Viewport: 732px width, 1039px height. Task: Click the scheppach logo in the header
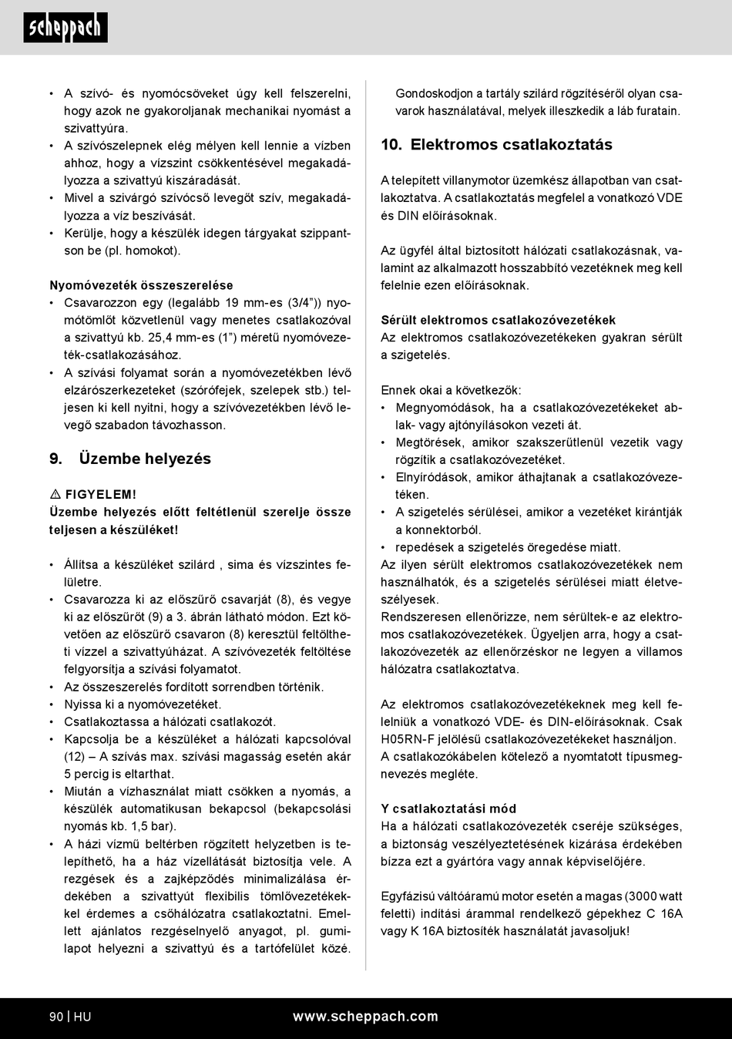[x=65, y=28]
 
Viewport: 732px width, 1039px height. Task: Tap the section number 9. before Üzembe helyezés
[x=55, y=459]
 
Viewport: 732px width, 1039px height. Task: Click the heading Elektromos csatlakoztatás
[x=511, y=145]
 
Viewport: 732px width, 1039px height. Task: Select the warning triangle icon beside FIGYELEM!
[x=55, y=495]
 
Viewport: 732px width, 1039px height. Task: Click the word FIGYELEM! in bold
[x=101, y=495]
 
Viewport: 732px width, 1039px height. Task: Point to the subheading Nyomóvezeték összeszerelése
[x=141, y=285]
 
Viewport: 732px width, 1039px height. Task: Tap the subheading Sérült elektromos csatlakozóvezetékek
[x=498, y=320]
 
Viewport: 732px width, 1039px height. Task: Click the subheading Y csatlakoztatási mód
[x=448, y=809]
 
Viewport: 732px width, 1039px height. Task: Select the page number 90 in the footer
[x=56, y=1017]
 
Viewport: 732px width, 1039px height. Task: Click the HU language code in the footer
[x=82, y=1017]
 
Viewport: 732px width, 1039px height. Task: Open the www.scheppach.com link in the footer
[x=365, y=1017]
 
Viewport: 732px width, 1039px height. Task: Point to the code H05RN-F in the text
[x=411, y=739]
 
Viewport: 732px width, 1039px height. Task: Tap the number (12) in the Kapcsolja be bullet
[x=75, y=757]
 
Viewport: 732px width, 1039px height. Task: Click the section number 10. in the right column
[x=391, y=145]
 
